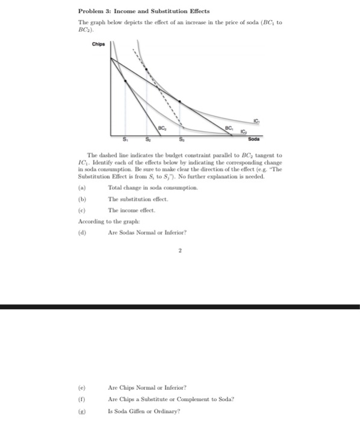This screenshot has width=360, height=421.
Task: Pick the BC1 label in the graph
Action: pyautogui.click(x=229, y=128)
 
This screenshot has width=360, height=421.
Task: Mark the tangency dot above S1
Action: pyautogui.click(x=125, y=81)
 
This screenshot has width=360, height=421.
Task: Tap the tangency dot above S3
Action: pyautogui.click(x=181, y=102)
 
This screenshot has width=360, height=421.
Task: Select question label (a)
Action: pyautogui.click(x=82, y=189)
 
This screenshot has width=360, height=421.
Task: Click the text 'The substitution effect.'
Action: pyautogui.click(x=138, y=199)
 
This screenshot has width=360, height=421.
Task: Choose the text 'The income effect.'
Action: pyautogui.click(x=131, y=210)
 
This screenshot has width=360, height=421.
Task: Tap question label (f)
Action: pyautogui.click(x=82, y=399)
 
